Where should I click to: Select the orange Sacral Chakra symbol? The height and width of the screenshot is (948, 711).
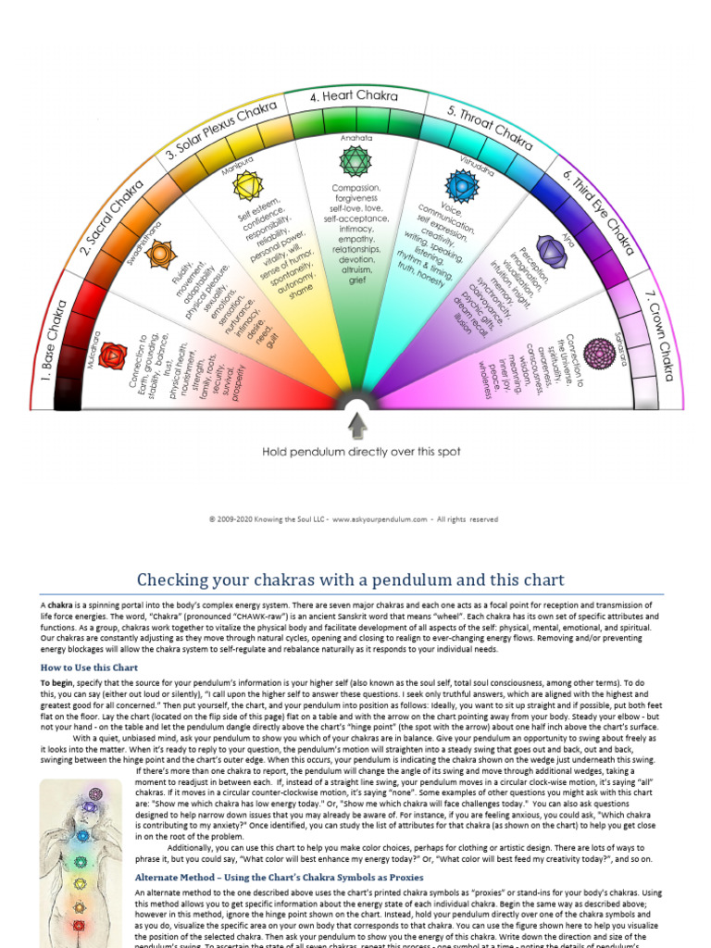159,252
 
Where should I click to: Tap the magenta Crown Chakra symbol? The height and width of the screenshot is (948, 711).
599,352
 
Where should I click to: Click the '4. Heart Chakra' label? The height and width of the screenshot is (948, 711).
355,96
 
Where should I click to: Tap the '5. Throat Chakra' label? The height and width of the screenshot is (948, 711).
490,127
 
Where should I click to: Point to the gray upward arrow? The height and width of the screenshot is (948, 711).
356,425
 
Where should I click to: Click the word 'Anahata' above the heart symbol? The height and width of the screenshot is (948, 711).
355,137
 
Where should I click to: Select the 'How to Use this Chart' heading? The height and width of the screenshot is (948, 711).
89,667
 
